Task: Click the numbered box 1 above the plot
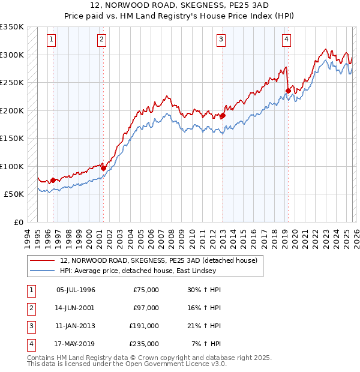pos(52,40)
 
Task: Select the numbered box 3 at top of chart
pos(221,40)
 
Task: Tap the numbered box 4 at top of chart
pos(287,40)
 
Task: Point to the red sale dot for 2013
pos(223,116)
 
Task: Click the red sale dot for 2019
pos(288,91)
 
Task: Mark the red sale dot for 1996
pos(53,180)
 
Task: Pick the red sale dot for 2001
pos(103,168)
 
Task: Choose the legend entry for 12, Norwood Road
pos(158,260)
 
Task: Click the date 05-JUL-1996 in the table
pos(75,290)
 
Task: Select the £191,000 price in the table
pos(144,326)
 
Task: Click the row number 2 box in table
pos(31,308)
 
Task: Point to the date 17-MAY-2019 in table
pos(75,344)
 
